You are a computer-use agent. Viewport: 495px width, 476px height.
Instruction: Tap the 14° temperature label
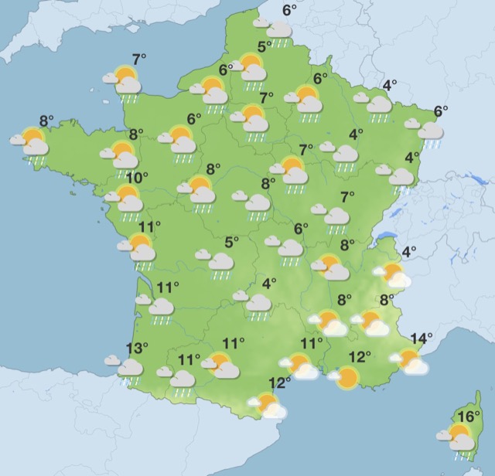point(422,338)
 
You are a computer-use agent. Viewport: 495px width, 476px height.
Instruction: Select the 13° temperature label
point(136,348)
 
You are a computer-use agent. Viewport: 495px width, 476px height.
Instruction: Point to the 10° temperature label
point(137,178)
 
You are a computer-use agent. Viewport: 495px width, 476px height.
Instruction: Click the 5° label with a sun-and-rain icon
point(264,47)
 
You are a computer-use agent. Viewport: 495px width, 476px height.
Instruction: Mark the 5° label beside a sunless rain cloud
point(230,242)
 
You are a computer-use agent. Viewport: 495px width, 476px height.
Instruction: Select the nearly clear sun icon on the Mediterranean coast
point(345,377)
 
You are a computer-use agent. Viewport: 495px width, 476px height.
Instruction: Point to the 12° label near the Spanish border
point(279,382)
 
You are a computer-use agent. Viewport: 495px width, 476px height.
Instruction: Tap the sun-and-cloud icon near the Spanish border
point(267,405)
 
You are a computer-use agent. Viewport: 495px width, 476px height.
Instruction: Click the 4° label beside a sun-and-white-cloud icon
point(408,251)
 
